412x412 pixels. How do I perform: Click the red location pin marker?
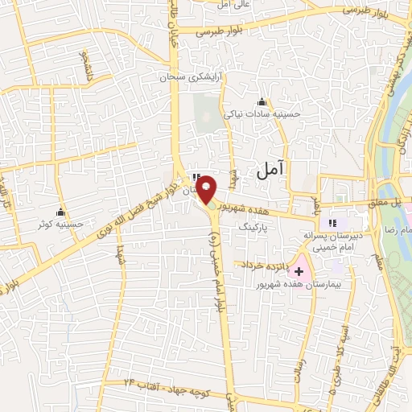click(x=208, y=189)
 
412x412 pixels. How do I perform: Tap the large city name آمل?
click(x=270, y=170)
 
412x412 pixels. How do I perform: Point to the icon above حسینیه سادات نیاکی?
click(x=262, y=102)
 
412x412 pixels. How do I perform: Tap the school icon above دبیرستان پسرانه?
click(x=332, y=223)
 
